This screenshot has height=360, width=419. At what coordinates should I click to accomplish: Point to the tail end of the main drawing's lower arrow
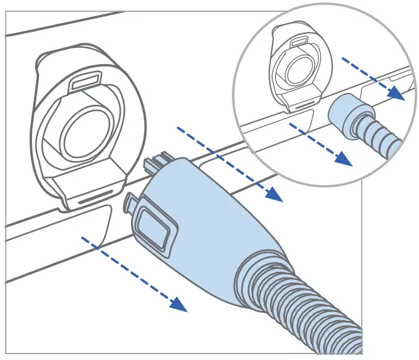(83, 240)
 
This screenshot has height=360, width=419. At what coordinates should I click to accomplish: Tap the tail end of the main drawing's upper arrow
(178, 128)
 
